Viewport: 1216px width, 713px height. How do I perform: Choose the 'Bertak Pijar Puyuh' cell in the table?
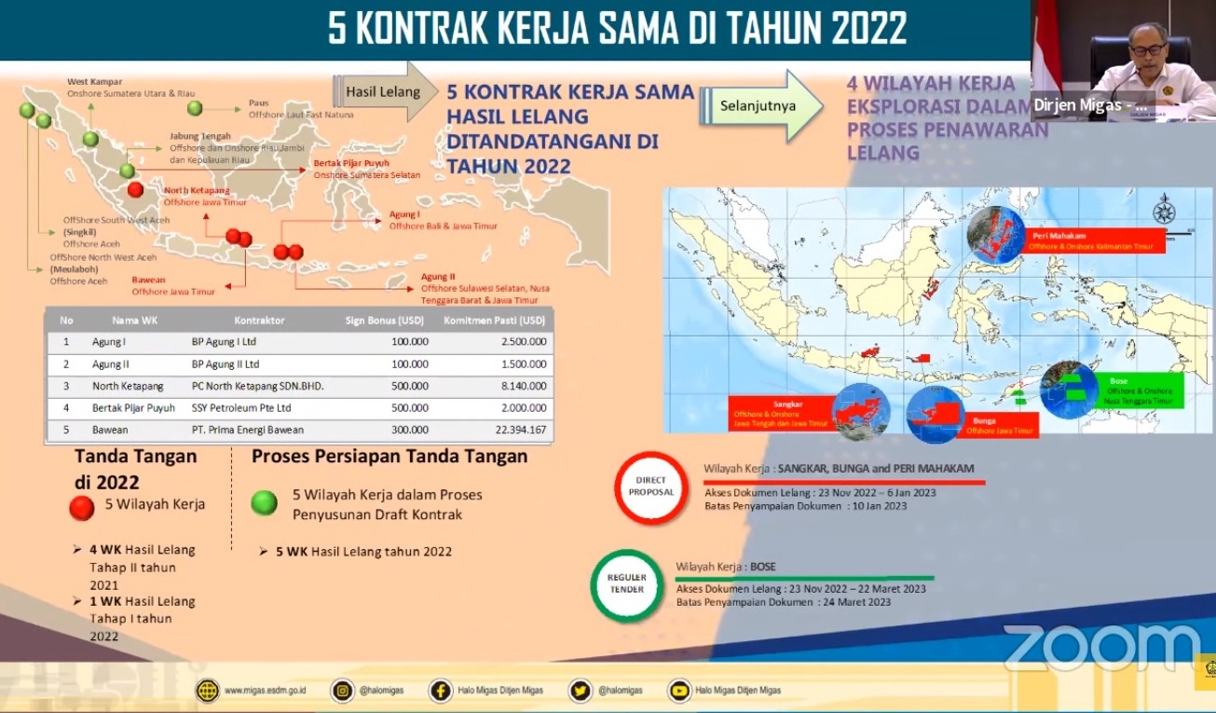click(133, 408)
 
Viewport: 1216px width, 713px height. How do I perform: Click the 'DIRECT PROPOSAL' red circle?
click(651, 486)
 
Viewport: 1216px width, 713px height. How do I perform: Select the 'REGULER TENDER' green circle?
click(627, 583)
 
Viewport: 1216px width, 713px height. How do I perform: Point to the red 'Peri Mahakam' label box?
click(1091, 241)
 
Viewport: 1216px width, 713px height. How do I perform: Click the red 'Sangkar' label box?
click(780, 413)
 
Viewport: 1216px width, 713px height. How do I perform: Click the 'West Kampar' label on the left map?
click(95, 82)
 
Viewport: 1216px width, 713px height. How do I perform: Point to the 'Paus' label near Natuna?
click(258, 103)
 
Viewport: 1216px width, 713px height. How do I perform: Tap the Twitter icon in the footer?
click(580, 691)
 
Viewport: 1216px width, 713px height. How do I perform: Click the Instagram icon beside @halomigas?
click(344, 691)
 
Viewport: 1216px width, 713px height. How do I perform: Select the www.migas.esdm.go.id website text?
click(266, 691)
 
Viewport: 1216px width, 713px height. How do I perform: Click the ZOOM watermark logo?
click(1100, 649)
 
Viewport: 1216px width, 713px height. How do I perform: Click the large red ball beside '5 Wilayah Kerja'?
click(82, 507)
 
